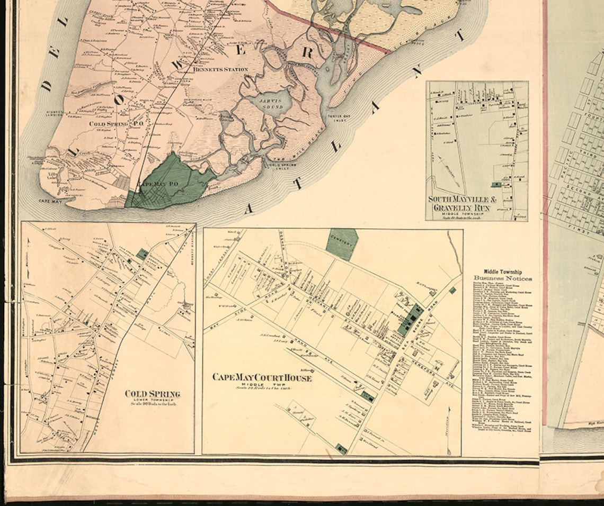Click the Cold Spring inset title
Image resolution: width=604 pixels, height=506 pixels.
(153, 394)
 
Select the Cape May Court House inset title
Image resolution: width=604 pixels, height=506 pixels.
(262, 377)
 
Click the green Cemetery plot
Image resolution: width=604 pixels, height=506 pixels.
(342, 244)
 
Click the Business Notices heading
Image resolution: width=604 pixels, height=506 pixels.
(503, 278)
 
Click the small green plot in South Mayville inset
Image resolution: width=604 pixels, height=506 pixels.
(496, 185)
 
